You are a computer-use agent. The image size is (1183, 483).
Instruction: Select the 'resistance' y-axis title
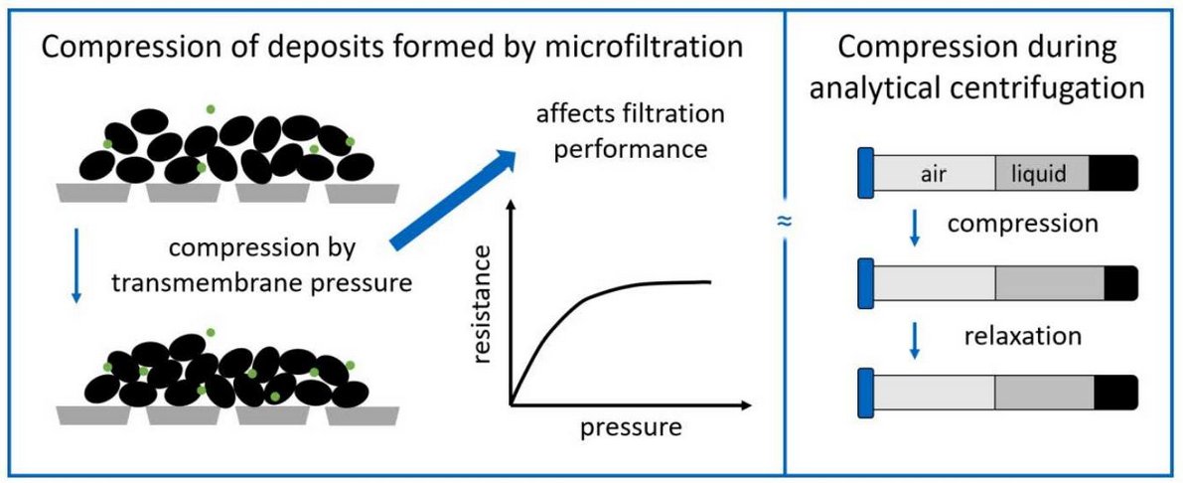point(484,307)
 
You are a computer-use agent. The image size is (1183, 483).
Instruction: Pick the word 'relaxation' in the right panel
point(1022,336)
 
